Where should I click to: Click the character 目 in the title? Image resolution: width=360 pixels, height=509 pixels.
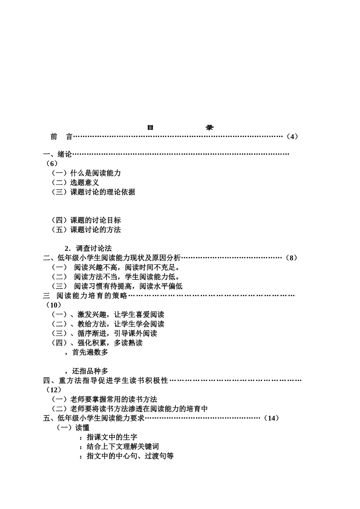pos(150,128)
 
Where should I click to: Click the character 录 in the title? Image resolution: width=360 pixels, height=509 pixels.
pos(210,128)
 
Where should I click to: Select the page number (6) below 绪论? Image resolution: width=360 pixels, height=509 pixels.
pos(51,164)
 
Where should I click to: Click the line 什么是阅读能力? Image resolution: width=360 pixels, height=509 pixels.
pos(95,173)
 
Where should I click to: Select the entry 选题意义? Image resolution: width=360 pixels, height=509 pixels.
pos(85,183)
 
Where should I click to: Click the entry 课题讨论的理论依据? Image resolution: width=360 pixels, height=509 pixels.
pos(103,192)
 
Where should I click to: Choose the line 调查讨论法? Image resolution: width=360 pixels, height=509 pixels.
pos(94,248)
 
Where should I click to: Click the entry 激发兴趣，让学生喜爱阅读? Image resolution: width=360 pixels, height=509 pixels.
pos(121,315)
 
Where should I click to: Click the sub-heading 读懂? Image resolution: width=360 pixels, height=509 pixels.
pos(82,428)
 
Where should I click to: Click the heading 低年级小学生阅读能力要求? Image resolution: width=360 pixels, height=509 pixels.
pos(101,418)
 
